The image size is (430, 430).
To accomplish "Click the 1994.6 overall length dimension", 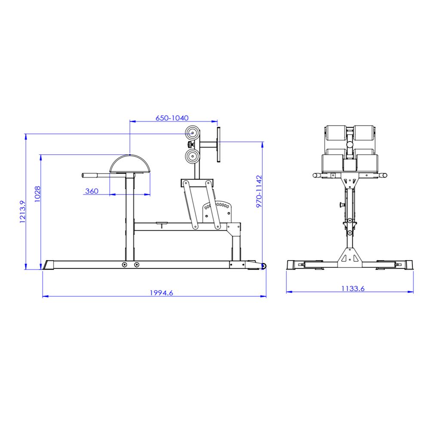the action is [161, 293].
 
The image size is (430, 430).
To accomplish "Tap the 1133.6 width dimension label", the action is [353, 289].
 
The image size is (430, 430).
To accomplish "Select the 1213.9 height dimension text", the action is [22, 212].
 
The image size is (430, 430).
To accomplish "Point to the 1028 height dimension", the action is [37, 194].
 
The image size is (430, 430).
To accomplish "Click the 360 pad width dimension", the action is [92, 191].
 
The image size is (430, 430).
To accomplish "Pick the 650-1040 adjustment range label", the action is [172, 118].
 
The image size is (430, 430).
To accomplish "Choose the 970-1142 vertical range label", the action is [259, 191].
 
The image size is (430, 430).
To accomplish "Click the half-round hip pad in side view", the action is [130, 164].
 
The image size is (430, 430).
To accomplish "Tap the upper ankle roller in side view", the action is [192, 133].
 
